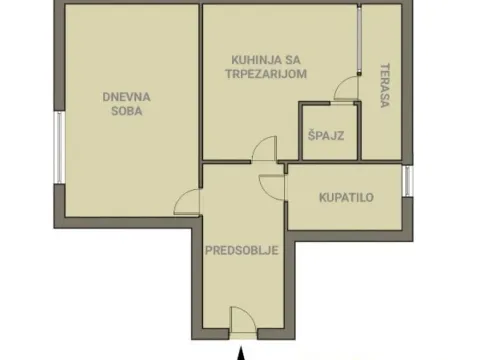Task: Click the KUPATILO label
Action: (x=346, y=197)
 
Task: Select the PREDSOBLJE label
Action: (x=240, y=251)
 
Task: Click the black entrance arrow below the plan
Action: (x=240, y=350)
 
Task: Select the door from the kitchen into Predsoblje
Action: (x=264, y=151)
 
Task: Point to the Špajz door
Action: (x=344, y=92)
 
